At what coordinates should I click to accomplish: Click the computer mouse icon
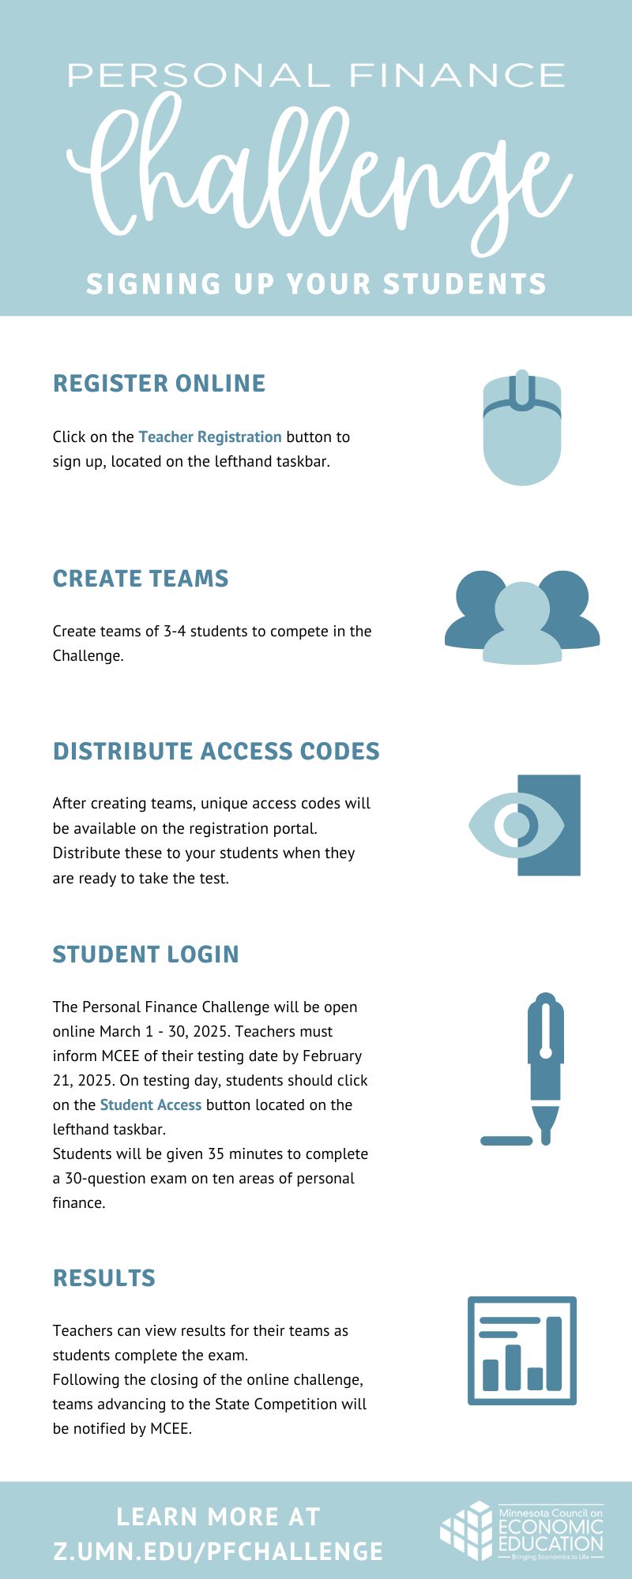pyautogui.click(x=521, y=430)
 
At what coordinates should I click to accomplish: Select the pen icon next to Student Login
pyautogui.click(x=544, y=1066)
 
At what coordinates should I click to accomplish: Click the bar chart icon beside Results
pyautogui.click(x=521, y=1350)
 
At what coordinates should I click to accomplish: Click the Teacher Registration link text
pyautogui.click(x=210, y=437)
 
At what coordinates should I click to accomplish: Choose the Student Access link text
pyautogui.click(x=150, y=1105)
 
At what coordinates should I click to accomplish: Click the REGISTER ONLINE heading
pyautogui.click(x=159, y=383)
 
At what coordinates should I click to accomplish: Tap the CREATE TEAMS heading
pyautogui.click(x=141, y=578)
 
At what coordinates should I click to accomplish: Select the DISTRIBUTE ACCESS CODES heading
pyautogui.click(x=216, y=751)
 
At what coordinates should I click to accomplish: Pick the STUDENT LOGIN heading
pyautogui.click(x=145, y=954)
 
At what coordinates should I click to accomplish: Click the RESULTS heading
pyautogui.click(x=103, y=1277)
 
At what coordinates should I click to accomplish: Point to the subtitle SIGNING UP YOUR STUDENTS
pyautogui.click(x=316, y=283)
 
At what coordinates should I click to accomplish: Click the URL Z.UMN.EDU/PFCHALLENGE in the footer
pyautogui.click(x=218, y=1551)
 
